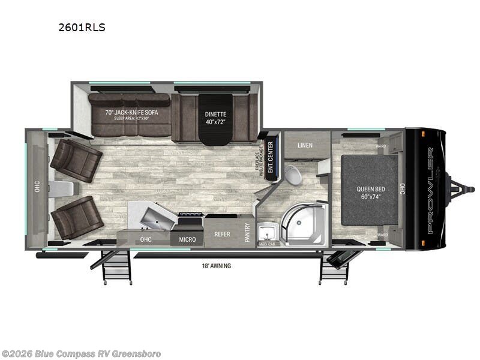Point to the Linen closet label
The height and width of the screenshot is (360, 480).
point(304,145)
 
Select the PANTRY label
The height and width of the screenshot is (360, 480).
point(247,232)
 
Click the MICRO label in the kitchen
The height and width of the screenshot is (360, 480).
point(187,240)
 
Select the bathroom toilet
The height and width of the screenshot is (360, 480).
point(293,175)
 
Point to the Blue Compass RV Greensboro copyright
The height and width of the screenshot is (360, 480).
point(81,353)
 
